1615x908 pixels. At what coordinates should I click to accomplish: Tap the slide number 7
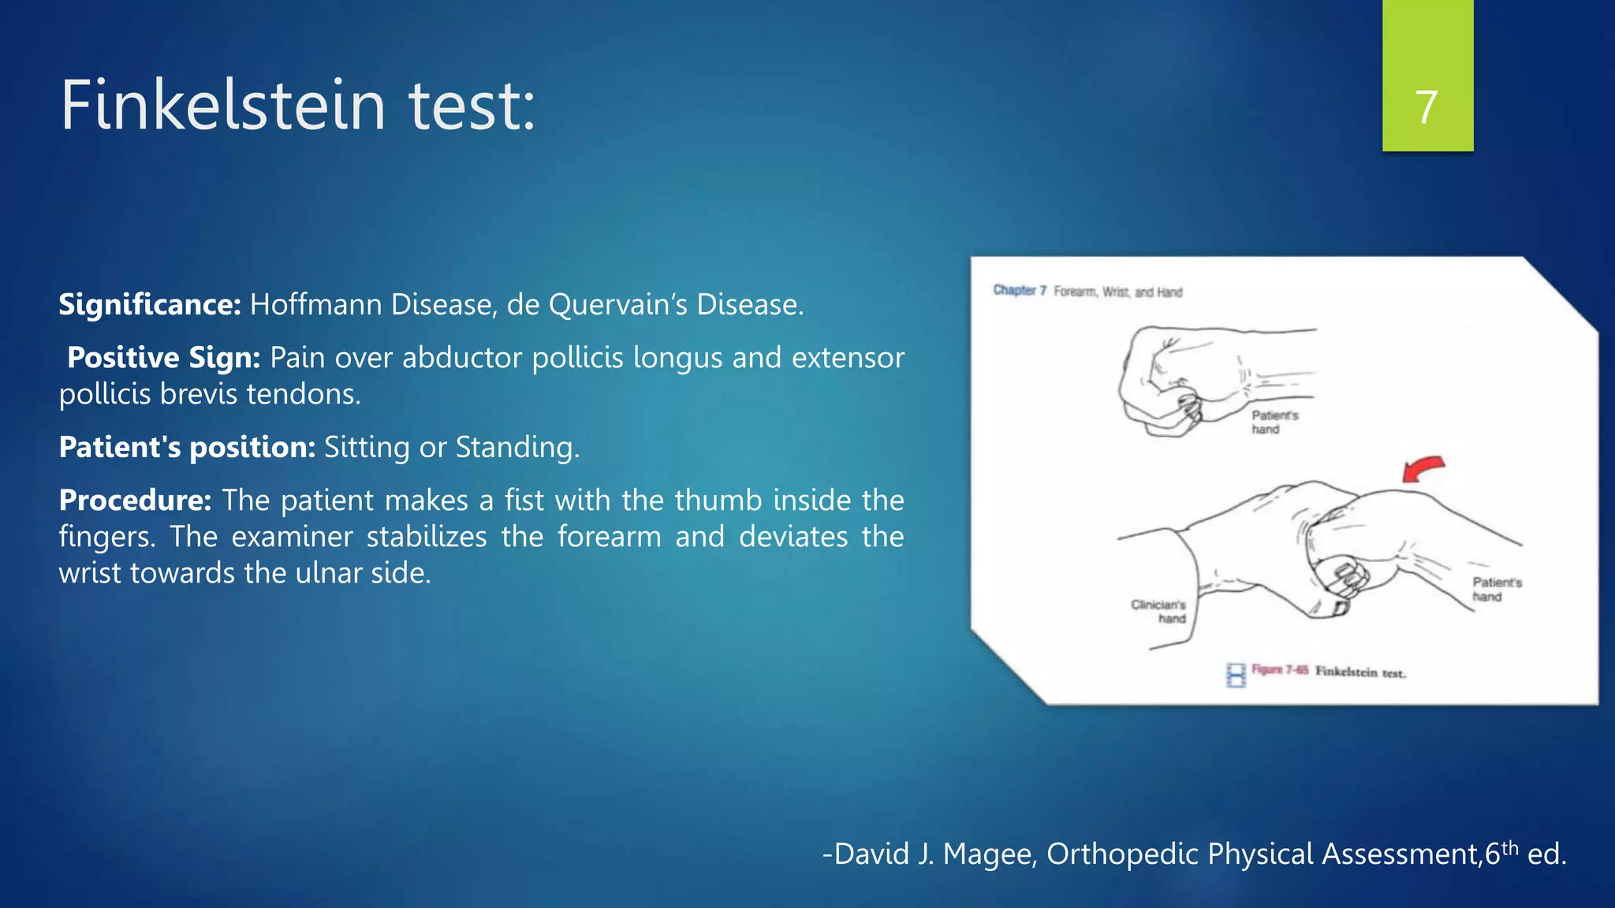[x=1427, y=107]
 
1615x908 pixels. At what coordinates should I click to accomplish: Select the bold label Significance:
[x=149, y=304]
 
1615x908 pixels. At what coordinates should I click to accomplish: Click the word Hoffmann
[x=316, y=304]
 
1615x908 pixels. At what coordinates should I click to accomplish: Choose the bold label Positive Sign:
[x=163, y=357]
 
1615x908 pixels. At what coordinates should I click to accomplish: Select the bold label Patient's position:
[x=187, y=447]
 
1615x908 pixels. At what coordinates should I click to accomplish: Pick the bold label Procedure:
[x=135, y=500]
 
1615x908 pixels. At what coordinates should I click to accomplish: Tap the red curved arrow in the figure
[x=1423, y=467]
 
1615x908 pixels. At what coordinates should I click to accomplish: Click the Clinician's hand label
[x=1159, y=612]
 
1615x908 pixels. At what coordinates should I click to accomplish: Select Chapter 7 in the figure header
[x=1019, y=291]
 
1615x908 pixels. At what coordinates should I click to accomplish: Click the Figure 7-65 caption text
[x=1328, y=671]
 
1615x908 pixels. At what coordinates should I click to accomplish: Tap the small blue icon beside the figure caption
[x=1236, y=675]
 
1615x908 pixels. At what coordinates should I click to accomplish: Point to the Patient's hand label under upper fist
[x=1273, y=422]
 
